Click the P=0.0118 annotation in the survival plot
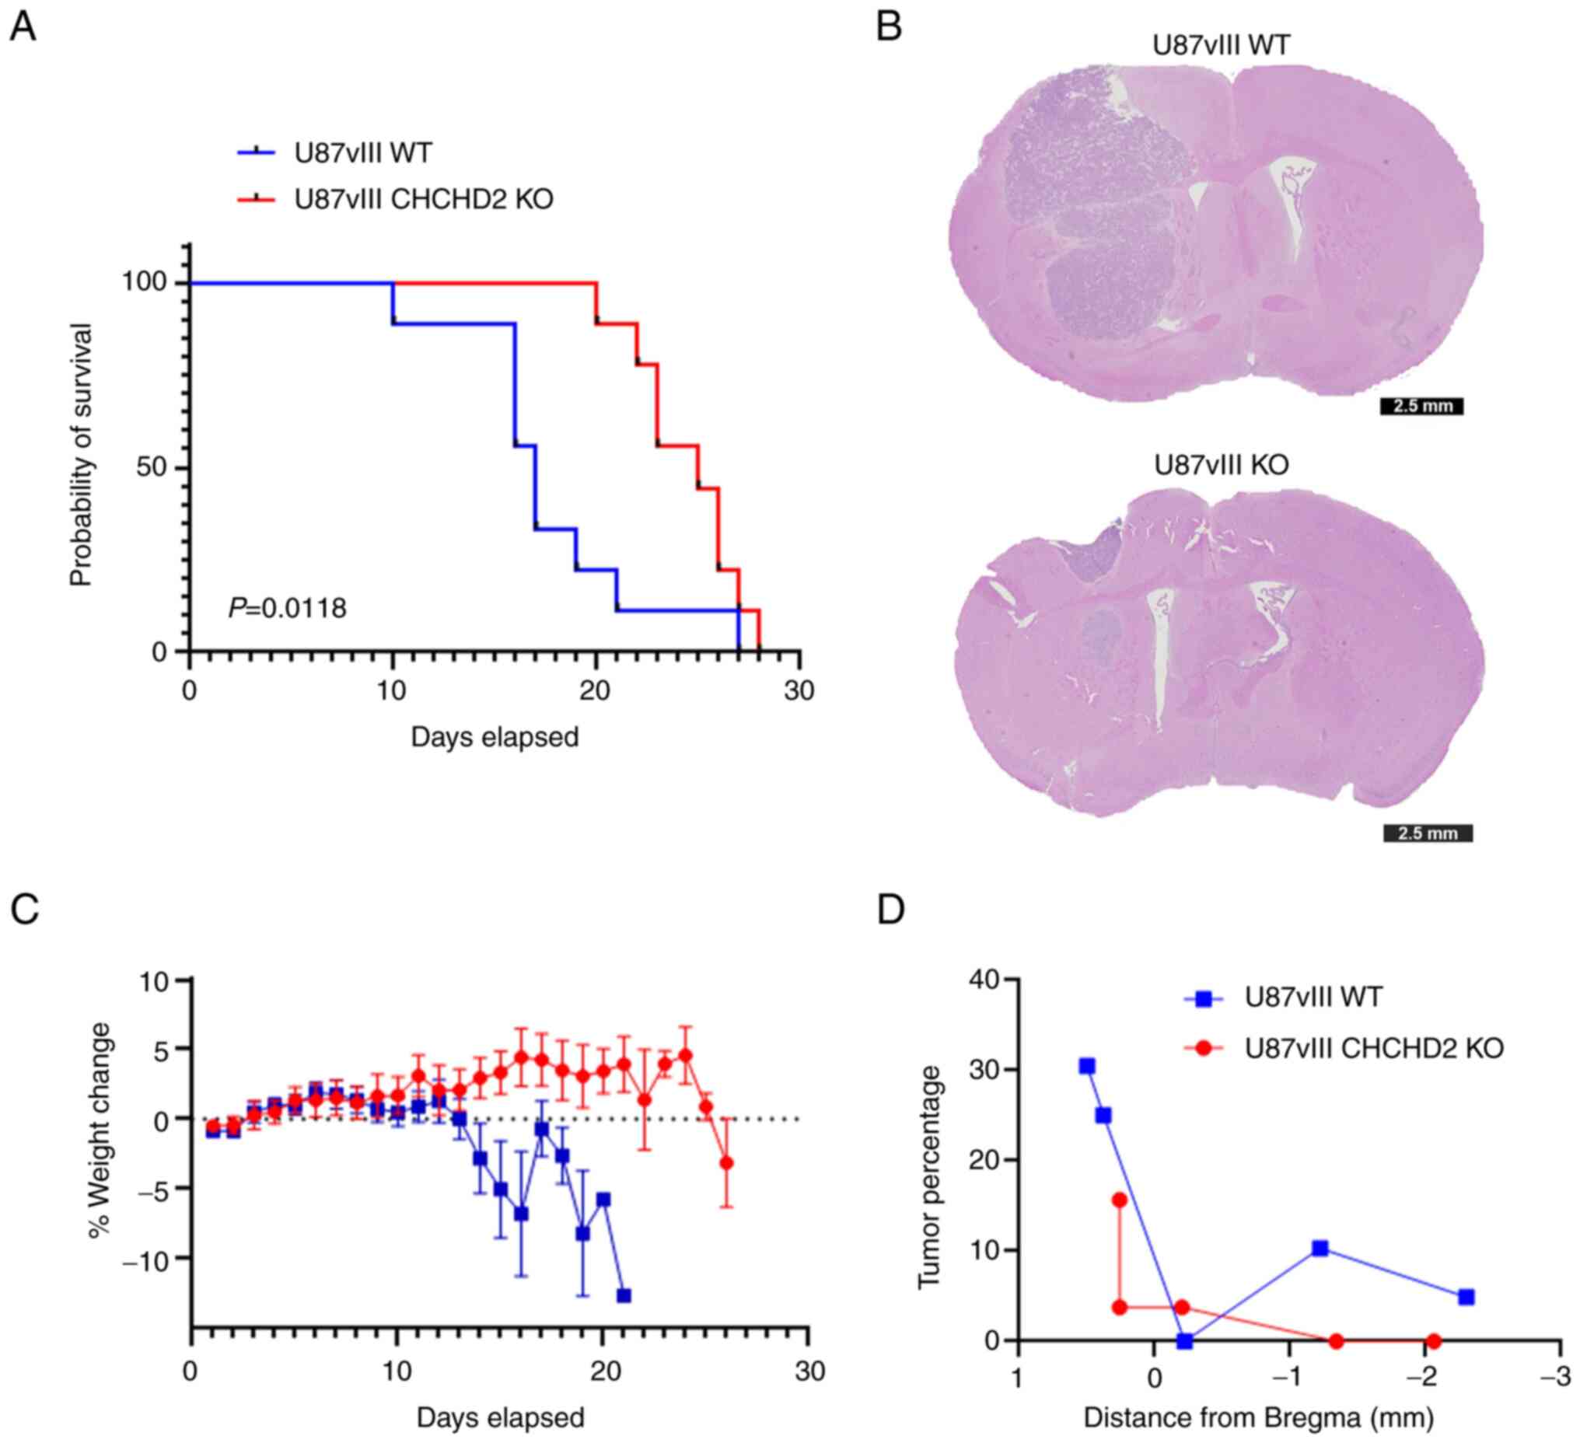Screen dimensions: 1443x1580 (287, 607)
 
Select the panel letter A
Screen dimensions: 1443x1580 (23, 28)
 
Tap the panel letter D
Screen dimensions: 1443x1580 (891, 910)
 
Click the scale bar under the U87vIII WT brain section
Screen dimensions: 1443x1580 (1421, 407)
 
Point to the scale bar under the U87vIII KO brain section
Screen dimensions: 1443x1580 (1427, 833)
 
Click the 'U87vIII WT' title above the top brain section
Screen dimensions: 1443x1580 (1221, 45)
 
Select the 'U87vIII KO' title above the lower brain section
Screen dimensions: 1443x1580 (1221, 465)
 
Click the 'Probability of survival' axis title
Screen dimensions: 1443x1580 (82, 455)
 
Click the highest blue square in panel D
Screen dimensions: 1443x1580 (1087, 1066)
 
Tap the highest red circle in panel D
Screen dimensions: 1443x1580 (1119, 1200)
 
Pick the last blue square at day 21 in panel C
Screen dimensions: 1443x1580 (624, 1295)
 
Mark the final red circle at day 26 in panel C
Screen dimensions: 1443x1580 (726, 1162)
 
